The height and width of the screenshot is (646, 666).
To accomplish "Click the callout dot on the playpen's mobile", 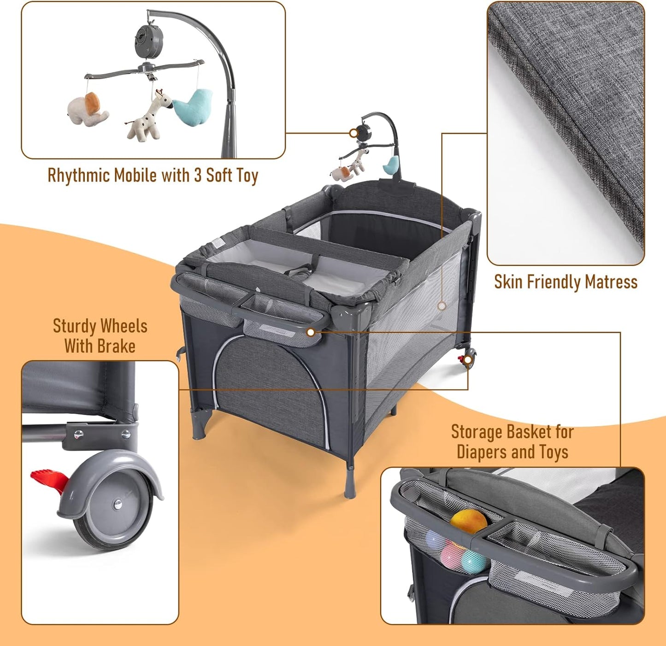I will (x=354, y=133).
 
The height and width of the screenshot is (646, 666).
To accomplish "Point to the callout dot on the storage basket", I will (x=311, y=332).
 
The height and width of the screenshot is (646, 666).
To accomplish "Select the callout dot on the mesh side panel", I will (x=442, y=305).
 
